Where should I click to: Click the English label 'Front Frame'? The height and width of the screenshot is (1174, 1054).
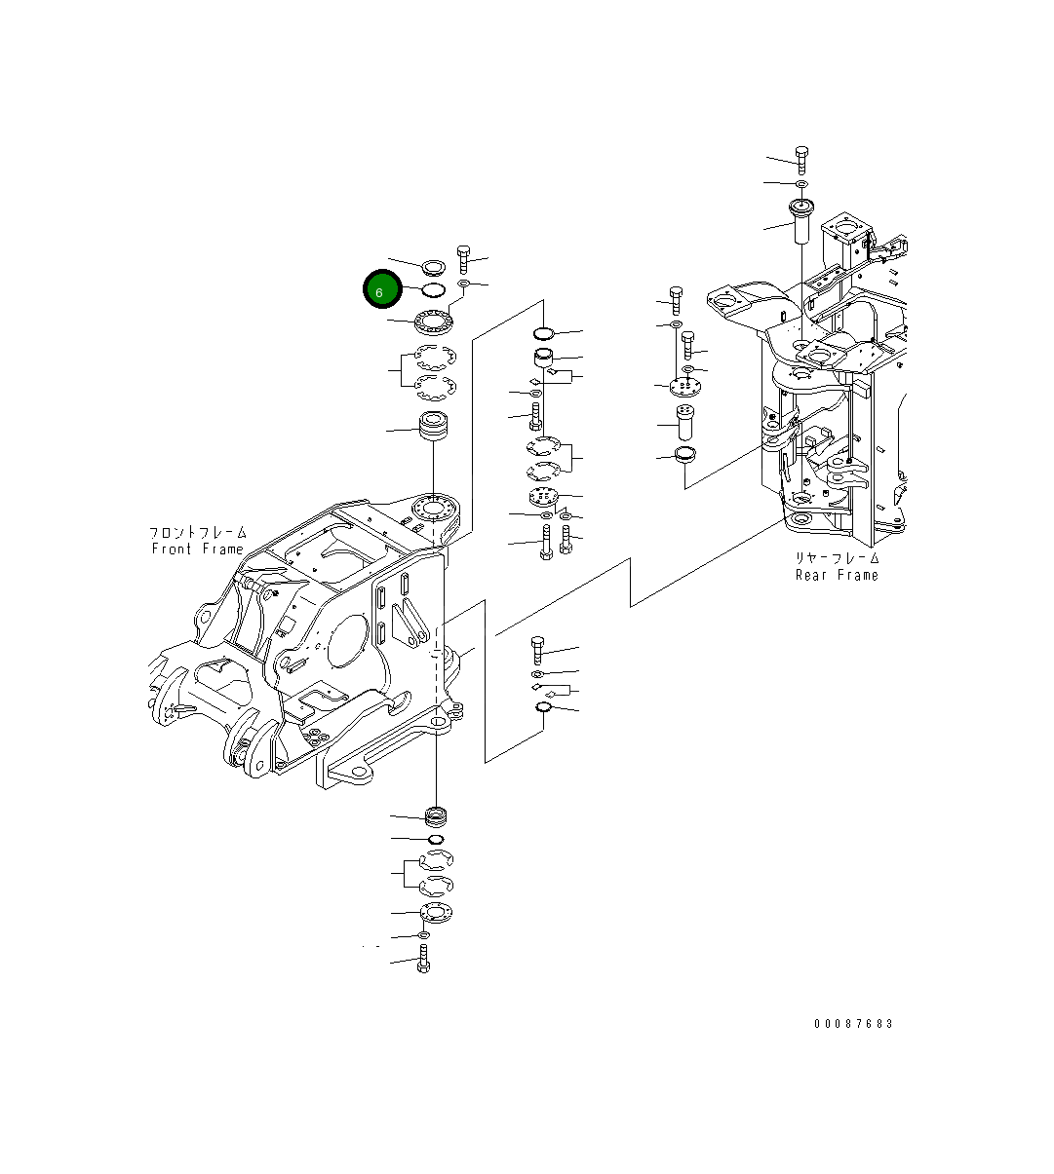[x=197, y=549]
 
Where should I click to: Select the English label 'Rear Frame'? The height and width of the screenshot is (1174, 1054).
[x=837, y=575]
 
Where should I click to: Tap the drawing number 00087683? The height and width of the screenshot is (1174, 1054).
[x=854, y=1024]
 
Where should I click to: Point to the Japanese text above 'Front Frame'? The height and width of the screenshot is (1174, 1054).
[x=197, y=533]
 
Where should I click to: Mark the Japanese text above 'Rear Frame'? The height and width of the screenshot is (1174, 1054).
[x=837, y=558]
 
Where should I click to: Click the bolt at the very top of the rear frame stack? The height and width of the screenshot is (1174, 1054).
[x=801, y=159]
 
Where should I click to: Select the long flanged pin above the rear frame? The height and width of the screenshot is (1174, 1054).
[x=802, y=222]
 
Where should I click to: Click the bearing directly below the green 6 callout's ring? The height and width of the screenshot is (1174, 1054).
[x=433, y=319]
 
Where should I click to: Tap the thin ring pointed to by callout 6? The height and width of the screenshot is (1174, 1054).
[x=434, y=289]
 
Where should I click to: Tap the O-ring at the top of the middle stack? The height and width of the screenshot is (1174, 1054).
[x=544, y=334]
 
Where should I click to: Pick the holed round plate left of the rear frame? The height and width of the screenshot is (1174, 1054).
[x=686, y=387]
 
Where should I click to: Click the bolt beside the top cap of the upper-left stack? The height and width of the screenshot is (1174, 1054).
[x=464, y=258]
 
